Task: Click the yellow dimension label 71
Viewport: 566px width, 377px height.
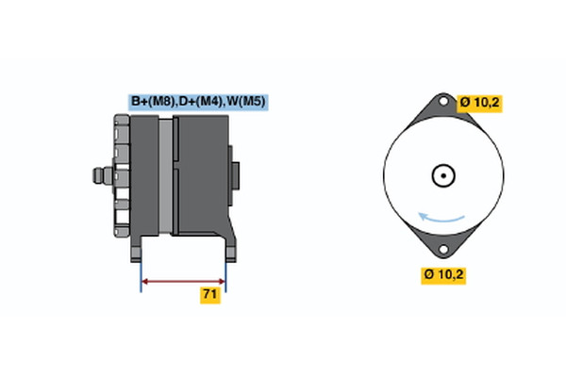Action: pos(209,295)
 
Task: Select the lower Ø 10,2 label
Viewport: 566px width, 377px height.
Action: pos(444,275)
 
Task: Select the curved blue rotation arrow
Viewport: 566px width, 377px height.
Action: pos(441,220)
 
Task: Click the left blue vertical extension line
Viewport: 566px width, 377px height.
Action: pos(141,273)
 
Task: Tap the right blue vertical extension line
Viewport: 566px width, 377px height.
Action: pos(226,273)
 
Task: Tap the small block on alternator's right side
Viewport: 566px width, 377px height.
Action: pos(236,174)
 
